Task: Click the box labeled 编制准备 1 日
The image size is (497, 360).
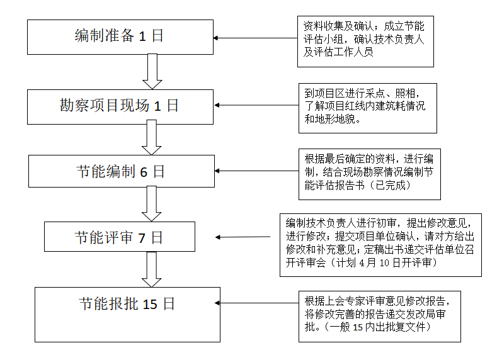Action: click(x=120, y=37)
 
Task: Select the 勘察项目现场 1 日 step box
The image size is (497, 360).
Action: click(x=120, y=106)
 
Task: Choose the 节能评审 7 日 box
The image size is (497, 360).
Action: click(x=120, y=237)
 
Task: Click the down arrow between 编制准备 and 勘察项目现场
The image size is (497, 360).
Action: click(x=151, y=70)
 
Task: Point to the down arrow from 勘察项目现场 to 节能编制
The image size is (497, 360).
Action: click(x=151, y=137)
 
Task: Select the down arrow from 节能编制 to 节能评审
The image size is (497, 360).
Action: click(x=151, y=203)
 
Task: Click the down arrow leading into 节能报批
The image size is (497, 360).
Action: click(x=151, y=269)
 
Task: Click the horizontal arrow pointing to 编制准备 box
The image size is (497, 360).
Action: click(x=255, y=38)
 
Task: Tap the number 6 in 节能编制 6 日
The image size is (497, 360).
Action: click(x=144, y=172)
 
